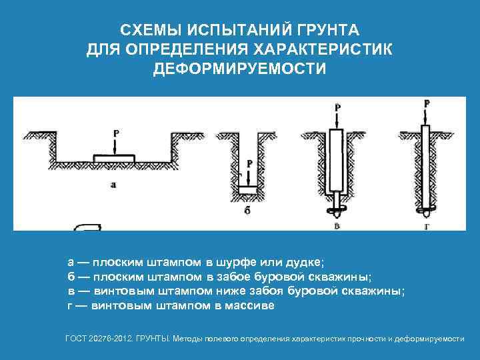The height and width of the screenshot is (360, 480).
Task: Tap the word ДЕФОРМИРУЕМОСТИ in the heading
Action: tap(240, 69)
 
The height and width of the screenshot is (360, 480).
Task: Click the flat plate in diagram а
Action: tap(114, 158)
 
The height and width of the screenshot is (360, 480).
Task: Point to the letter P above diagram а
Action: tap(116, 133)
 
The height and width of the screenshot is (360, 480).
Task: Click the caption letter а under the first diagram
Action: tap(113, 185)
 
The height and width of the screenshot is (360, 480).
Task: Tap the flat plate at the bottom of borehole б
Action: tap(248, 190)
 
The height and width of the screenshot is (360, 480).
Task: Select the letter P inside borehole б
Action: tap(250, 163)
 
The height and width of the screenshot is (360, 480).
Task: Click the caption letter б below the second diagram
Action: tap(247, 210)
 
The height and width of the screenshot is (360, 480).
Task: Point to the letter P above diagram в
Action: tap(337, 108)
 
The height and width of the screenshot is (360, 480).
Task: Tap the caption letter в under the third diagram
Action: tap(337, 226)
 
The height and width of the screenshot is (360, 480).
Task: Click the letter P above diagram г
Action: tap(427, 103)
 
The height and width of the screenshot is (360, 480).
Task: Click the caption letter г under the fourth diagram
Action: tap(427, 227)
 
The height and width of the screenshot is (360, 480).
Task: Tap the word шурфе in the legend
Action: tap(236, 263)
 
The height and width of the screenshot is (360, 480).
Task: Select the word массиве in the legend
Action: tap(249, 305)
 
